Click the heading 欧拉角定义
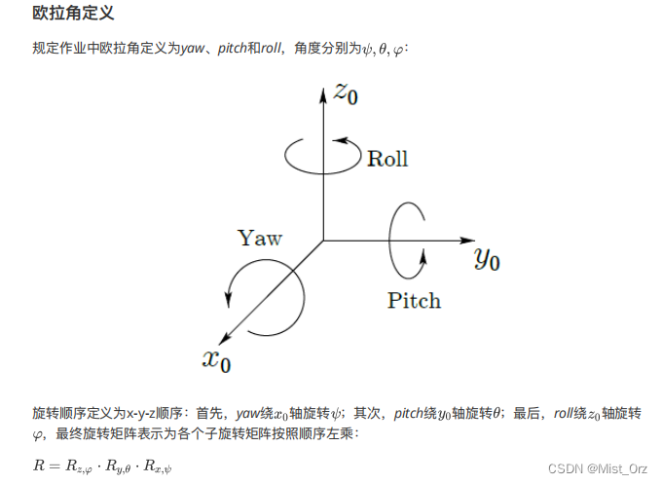(73, 15)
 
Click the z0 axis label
(346, 93)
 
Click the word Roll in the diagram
(386, 160)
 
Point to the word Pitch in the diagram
(414, 300)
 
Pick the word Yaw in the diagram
(260, 239)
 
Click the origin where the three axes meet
(322, 240)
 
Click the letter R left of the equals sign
(39, 465)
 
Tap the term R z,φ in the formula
(80, 466)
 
